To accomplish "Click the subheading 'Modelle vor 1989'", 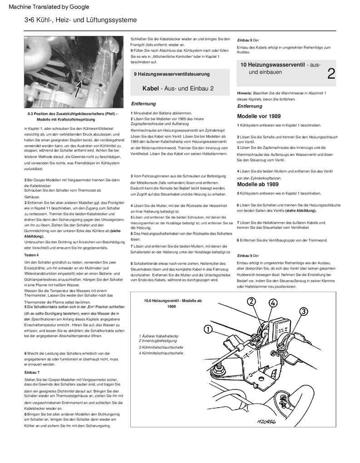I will tap(258, 116).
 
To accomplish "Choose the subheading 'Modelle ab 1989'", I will tap(257, 185).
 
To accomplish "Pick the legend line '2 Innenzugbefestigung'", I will tap(158, 341).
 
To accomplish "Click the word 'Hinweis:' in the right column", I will tap(245, 93).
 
